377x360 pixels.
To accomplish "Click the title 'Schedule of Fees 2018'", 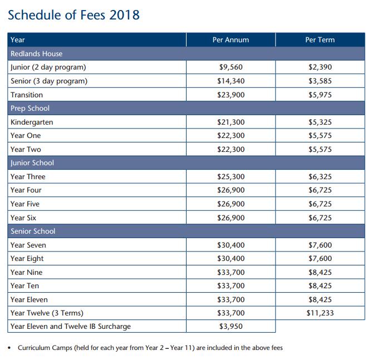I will (x=74, y=15).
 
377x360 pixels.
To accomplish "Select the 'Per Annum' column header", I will (x=231, y=40).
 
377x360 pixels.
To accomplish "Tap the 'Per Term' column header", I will (x=320, y=40).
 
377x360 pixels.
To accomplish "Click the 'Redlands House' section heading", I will (x=36, y=54).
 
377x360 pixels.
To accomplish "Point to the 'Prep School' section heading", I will (x=30, y=109).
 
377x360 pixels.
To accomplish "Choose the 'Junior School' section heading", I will (x=32, y=163).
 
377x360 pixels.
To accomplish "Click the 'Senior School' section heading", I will (x=33, y=231).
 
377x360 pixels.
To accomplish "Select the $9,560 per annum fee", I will (x=231, y=67).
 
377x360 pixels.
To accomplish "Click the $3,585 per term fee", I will (x=320, y=81).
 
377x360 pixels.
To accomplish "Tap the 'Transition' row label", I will (x=27, y=95).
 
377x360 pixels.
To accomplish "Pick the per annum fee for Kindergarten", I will (x=231, y=122).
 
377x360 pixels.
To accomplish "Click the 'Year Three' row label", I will (x=28, y=177).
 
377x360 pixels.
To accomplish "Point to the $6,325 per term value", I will (x=320, y=177).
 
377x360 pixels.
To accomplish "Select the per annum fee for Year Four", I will (x=231, y=190).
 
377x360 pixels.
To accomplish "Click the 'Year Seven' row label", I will (x=28, y=245).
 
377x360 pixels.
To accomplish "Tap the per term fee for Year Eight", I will (x=320, y=259).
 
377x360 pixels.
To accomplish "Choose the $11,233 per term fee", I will (x=320, y=313).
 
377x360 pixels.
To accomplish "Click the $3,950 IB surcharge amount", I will (x=231, y=327).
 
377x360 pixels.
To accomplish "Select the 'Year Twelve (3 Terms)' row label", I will (x=47, y=313).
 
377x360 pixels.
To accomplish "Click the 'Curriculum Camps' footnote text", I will (x=150, y=348).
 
